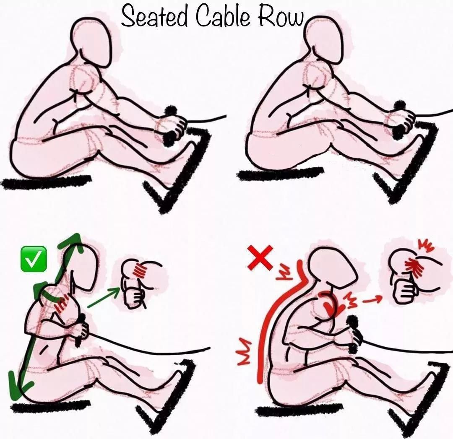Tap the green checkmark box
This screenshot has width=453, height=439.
click(x=34, y=259)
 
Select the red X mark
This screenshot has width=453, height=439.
click(x=260, y=257)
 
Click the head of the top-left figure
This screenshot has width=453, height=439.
click(x=91, y=42)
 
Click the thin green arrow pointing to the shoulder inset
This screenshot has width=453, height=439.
click(x=103, y=298)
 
